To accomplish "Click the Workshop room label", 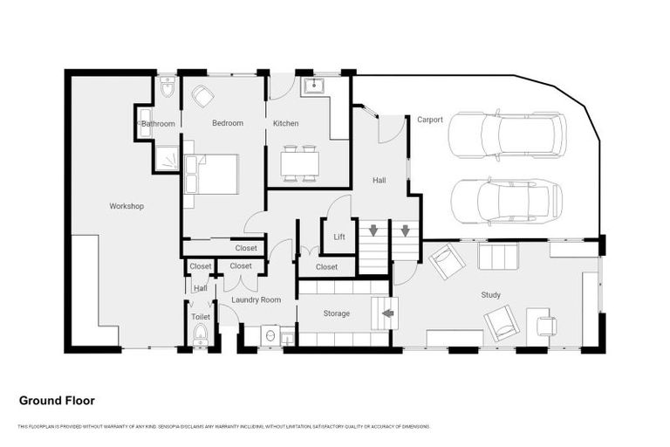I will click(x=126, y=206).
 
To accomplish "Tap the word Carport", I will click(x=430, y=120).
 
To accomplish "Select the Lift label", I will click(x=339, y=237).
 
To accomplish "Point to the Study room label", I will click(x=491, y=295).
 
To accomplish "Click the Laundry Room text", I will click(x=256, y=299).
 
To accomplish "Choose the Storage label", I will click(x=336, y=313).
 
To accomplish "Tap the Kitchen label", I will click(x=285, y=123).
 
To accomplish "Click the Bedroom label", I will click(x=228, y=123).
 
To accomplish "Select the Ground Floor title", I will click(x=57, y=401).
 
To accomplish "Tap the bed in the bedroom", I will click(x=215, y=174).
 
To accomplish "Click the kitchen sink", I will click(x=313, y=86).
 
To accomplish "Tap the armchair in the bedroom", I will click(x=203, y=95).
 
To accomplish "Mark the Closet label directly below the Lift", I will click(x=327, y=266).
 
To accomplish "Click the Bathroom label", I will click(x=159, y=124).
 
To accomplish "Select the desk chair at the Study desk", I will click(x=546, y=327).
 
